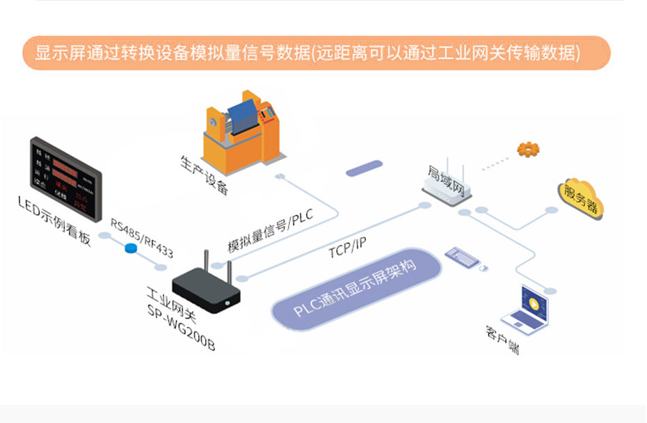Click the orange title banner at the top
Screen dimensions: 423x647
(x=317, y=53)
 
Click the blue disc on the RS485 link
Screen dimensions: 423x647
(x=130, y=249)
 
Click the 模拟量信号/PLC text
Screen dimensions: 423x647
(x=271, y=232)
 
